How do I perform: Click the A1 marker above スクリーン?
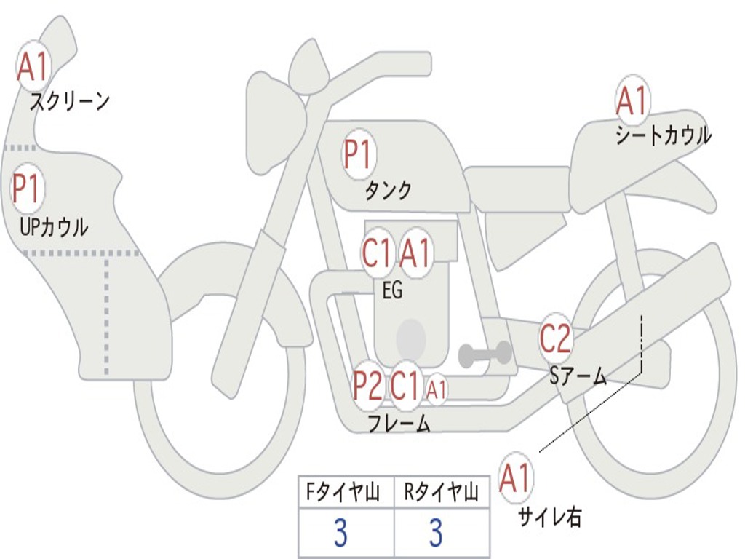[33, 67]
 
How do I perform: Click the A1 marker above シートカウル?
[632, 100]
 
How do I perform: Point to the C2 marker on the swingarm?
[556, 338]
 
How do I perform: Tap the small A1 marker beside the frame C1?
[437, 390]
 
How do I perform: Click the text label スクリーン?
[70, 101]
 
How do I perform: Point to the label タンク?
[388, 190]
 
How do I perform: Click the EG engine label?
[392, 290]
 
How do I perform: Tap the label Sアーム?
[578, 376]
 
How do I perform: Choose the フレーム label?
[399, 424]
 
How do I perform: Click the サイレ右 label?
[550, 516]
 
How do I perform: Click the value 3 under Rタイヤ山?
[437, 532]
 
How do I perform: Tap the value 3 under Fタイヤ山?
[340, 532]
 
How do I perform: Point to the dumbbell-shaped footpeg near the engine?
[485, 354]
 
